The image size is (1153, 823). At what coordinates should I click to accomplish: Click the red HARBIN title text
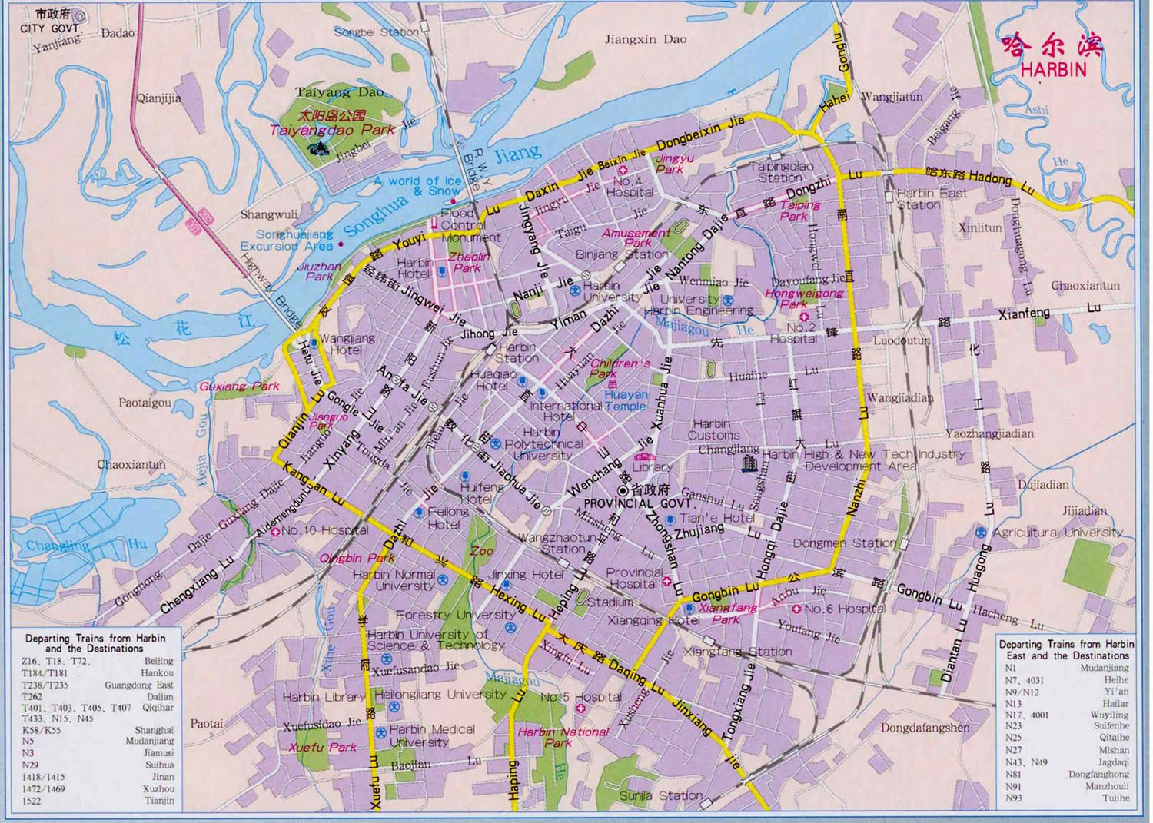[x=1053, y=69]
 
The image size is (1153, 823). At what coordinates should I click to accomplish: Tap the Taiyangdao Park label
[x=332, y=131]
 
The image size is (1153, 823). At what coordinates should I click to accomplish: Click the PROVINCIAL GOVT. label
[x=640, y=503]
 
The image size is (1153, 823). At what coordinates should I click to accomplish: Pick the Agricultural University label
[x=1057, y=532]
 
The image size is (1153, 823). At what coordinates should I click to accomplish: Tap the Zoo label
[x=482, y=551]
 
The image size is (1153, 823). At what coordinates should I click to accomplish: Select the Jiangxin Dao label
[x=646, y=39]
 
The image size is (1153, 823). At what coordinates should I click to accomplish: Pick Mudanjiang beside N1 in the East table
[x=1104, y=668]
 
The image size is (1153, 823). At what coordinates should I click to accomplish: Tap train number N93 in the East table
[x=1014, y=798]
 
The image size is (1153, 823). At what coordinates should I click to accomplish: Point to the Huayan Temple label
[x=636, y=400]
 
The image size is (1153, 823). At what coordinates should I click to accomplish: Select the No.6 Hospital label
[x=844, y=609]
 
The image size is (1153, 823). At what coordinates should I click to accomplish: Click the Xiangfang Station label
[x=737, y=652]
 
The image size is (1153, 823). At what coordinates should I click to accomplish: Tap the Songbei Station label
[x=377, y=32]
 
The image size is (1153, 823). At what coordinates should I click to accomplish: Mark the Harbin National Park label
[x=563, y=737]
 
